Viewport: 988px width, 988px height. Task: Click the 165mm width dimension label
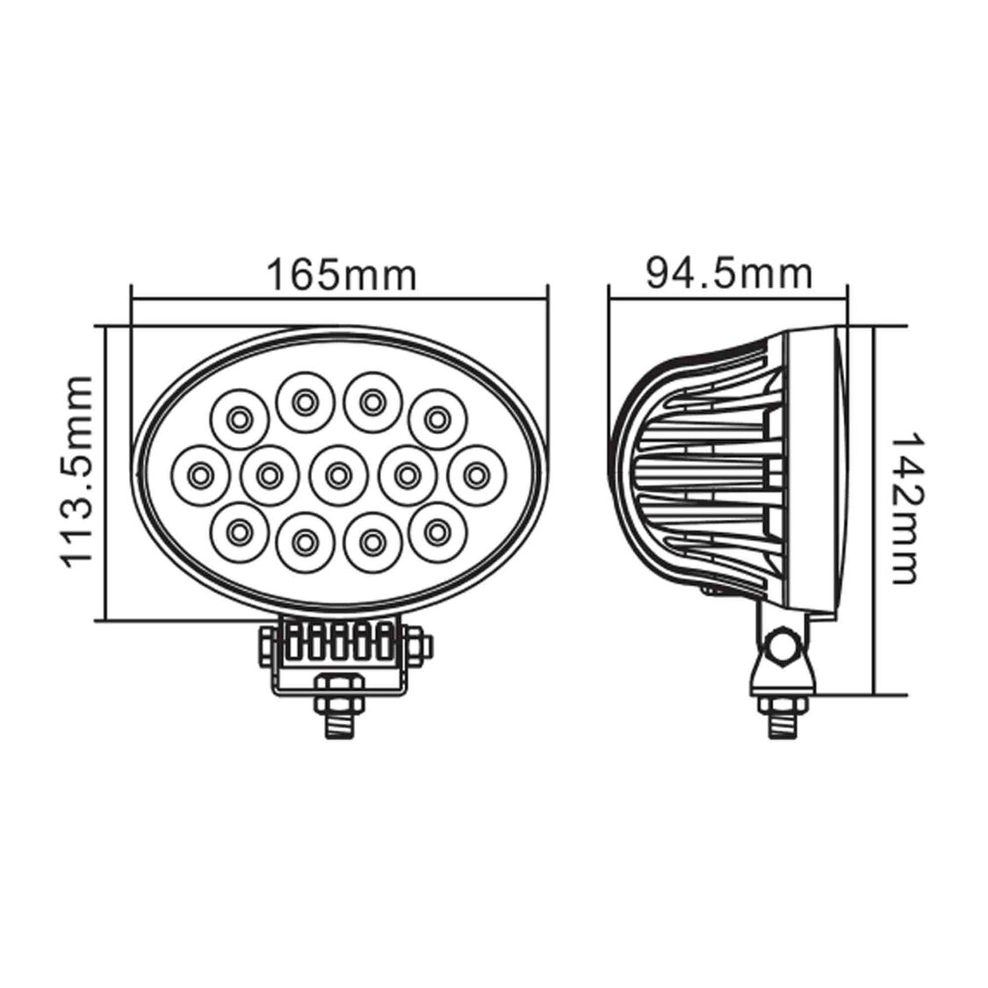coord(341,274)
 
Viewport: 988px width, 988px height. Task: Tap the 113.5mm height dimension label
coord(77,471)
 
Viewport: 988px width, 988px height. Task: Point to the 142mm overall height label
coord(905,507)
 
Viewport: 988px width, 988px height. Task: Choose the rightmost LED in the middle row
coord(475,475)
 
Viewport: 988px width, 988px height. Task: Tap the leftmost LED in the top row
coord(237,420)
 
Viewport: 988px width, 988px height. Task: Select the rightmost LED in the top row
coord(436,420)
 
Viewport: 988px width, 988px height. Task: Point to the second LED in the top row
coord(304,402)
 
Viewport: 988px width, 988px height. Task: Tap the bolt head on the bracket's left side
coord(266,647)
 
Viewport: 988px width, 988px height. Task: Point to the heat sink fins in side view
coord(711,474)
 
